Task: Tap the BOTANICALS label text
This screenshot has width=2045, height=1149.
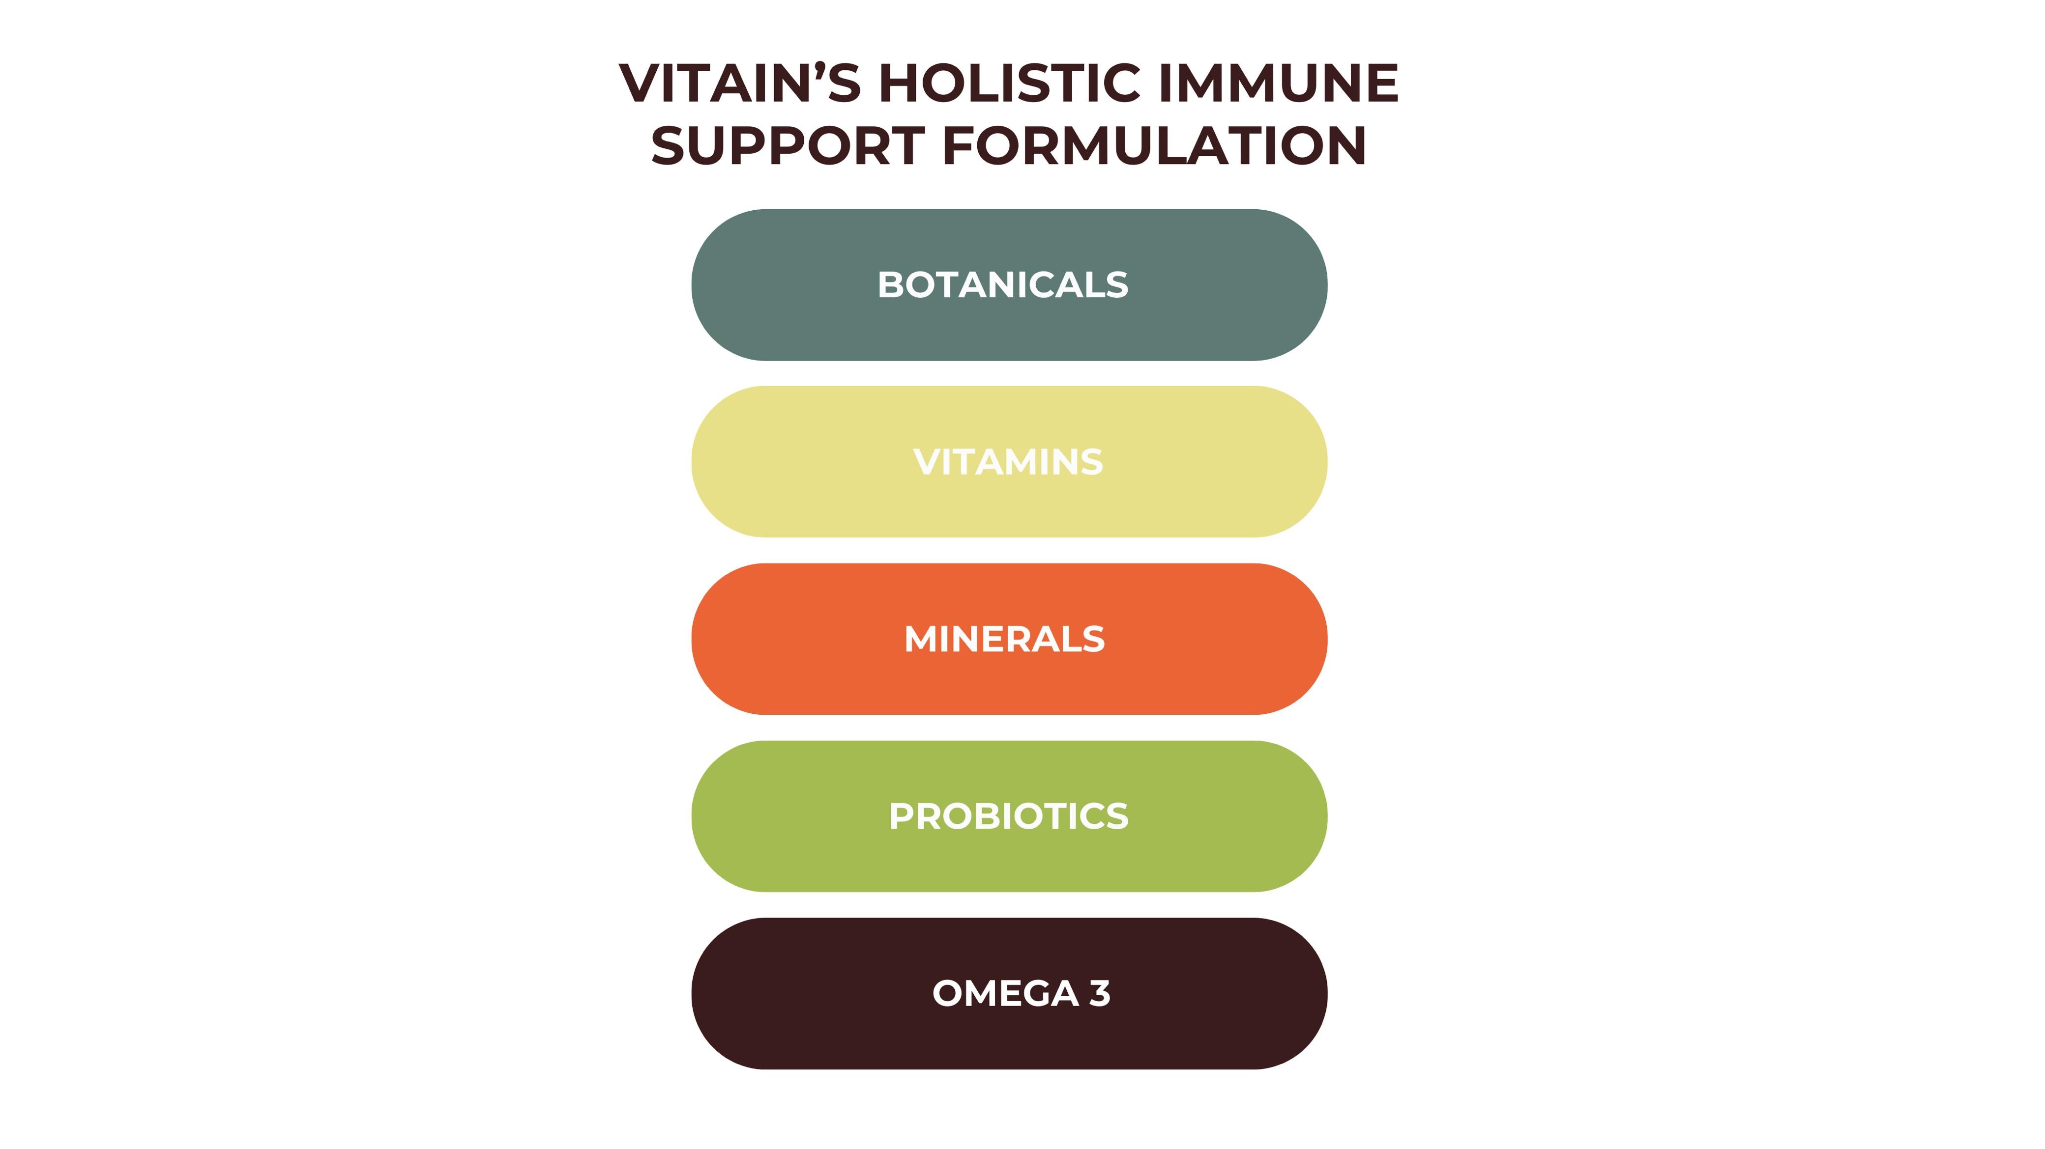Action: click(1003, 285)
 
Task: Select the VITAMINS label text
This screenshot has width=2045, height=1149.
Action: click(1008, 462)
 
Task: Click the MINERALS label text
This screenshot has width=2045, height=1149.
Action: click(1004, 639)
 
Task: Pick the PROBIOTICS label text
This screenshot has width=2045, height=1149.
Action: click(1008, 816)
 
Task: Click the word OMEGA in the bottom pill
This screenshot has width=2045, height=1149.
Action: click(1005, 993)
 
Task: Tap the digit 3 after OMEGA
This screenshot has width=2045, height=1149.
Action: click(1100, 993)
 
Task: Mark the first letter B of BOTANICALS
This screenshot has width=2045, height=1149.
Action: click(890, 285)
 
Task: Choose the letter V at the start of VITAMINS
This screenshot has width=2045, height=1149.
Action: click(927, 462)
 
